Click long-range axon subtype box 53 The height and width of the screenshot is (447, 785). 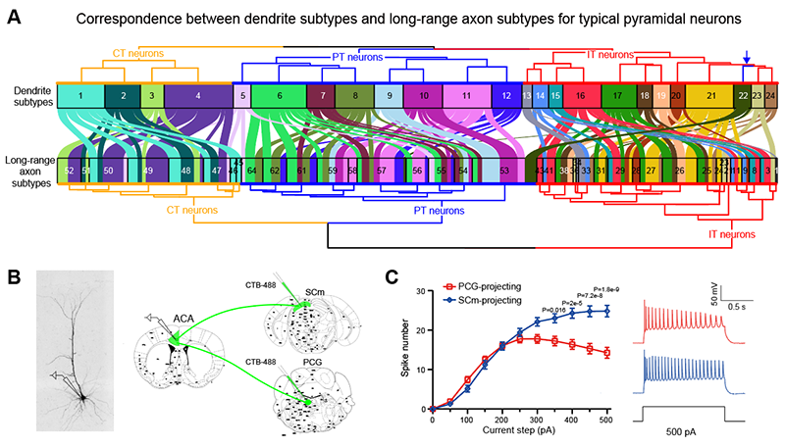503,170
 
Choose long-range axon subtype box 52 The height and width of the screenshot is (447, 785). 69,170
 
